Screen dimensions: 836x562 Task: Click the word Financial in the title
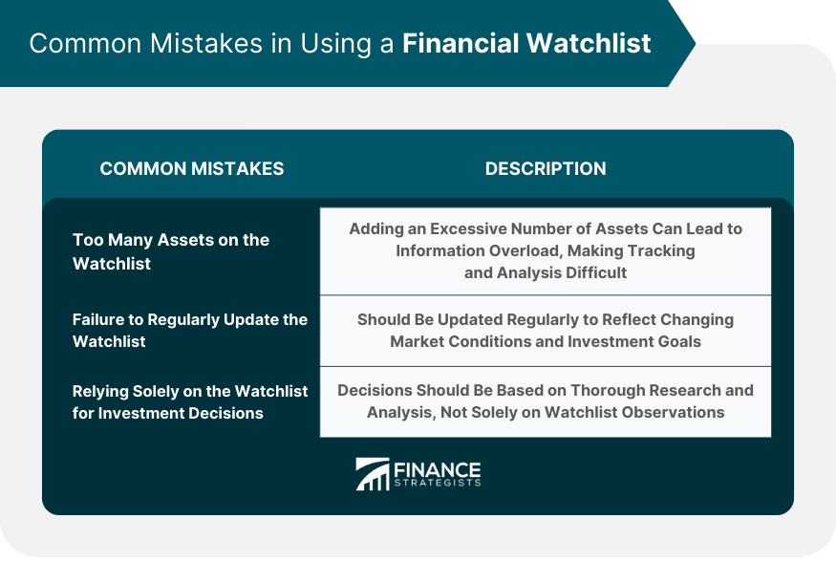click(x=461, y=43)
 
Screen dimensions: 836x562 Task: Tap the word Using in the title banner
click(x=336, y=44)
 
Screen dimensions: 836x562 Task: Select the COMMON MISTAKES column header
click(x=192, y=168)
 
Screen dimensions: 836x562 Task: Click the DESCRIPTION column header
click(x=546, y=168)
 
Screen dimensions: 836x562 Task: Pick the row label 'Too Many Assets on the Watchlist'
click(x=171, y=251)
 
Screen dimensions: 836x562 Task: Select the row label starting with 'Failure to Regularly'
click(x=190, y=330)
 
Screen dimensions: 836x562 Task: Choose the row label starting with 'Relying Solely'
click(x=190, y=401)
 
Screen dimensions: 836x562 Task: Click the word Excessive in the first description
click(x=468, y=228)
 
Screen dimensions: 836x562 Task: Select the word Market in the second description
click(x=417, y=341)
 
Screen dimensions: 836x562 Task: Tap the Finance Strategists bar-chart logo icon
click(x=373, y=474)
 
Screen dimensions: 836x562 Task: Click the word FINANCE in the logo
click(x=438, y=469)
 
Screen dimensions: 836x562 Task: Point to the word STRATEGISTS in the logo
click(x=438, y=483)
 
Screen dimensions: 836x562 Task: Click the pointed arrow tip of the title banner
click(x=695, y=43)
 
